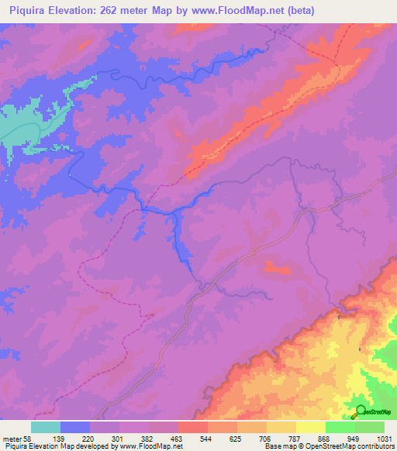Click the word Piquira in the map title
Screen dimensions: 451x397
pyautogui.click(x=23, y=10)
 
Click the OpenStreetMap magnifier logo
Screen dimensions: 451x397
pyautogui.click(x=361, y=411)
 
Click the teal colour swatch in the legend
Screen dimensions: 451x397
pyautogui.click(x=46, y=427)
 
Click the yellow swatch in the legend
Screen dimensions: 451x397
pyautogui.click(x=311, y=427)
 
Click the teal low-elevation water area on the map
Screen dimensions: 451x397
pyautogui.click(x=31, y=124)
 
